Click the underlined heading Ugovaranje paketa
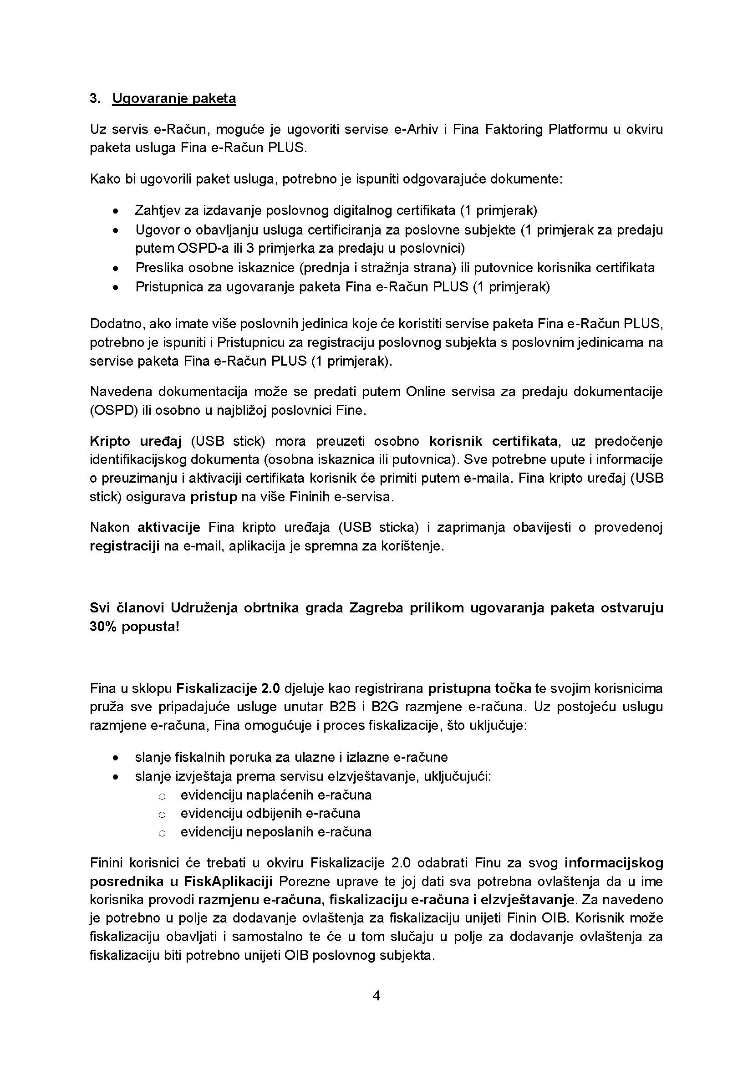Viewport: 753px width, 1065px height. point(174,98)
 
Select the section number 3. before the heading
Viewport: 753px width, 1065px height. point(95,98)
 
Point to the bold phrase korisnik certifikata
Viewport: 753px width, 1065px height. point(494,441)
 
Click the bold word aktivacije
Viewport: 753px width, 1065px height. point(169,527)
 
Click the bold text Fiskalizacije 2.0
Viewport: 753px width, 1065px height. point(228,688)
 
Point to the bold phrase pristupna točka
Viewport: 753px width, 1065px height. point(479,688)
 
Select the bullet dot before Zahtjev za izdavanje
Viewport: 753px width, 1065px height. point(116,211)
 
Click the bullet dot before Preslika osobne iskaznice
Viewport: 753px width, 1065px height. point(116,268)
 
